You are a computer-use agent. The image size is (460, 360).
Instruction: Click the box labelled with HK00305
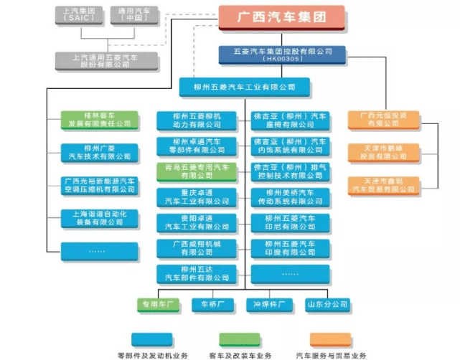[x=282, y=55]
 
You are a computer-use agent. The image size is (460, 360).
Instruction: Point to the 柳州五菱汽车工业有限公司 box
[x=245, y=87]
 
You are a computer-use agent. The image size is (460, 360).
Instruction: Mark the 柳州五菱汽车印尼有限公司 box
[x=290, y=223]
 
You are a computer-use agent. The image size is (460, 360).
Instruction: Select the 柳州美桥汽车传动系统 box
[x=290, y=197]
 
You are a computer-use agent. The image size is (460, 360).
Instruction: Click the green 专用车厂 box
[x=159, y=305]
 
